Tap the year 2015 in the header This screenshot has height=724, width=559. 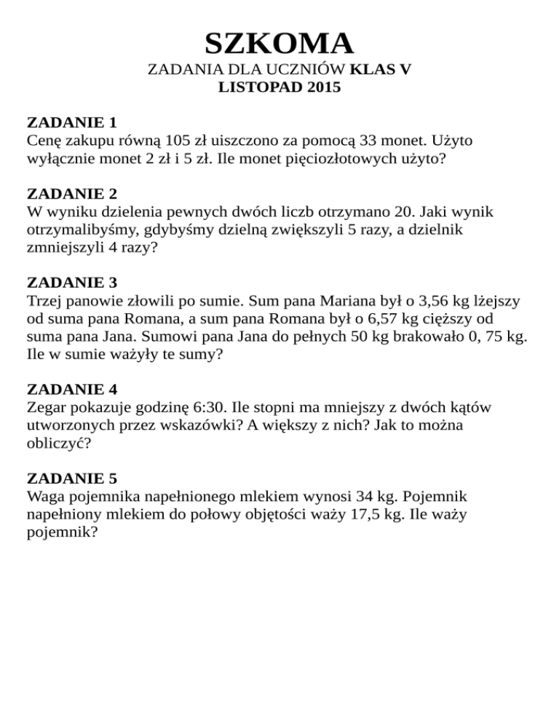coord(324,90)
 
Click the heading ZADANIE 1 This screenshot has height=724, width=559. coord(71,121)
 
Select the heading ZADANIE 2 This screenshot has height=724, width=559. coord(71,194)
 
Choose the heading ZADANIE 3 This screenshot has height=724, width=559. coord(71,281)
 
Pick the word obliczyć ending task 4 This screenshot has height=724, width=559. coord(58,443)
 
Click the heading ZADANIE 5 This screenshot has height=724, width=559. coord(71,478)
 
